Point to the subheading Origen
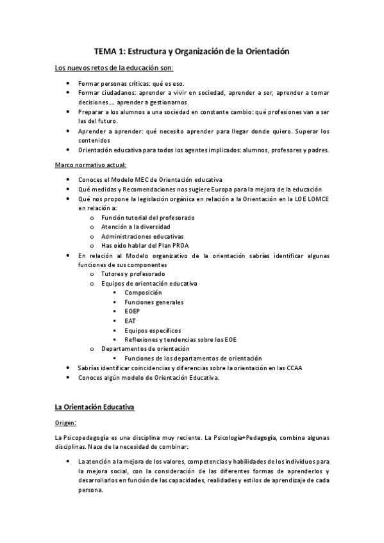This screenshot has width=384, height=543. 67,423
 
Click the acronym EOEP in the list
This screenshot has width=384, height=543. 133,311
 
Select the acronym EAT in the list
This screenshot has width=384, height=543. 130,321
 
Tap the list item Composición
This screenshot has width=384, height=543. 144,293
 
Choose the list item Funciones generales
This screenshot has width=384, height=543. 154,302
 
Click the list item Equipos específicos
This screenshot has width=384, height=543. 153,330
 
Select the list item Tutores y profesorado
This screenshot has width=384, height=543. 128,273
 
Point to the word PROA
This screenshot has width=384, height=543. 179,245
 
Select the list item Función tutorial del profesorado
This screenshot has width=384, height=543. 139,218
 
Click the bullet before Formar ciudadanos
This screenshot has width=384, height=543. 69,92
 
